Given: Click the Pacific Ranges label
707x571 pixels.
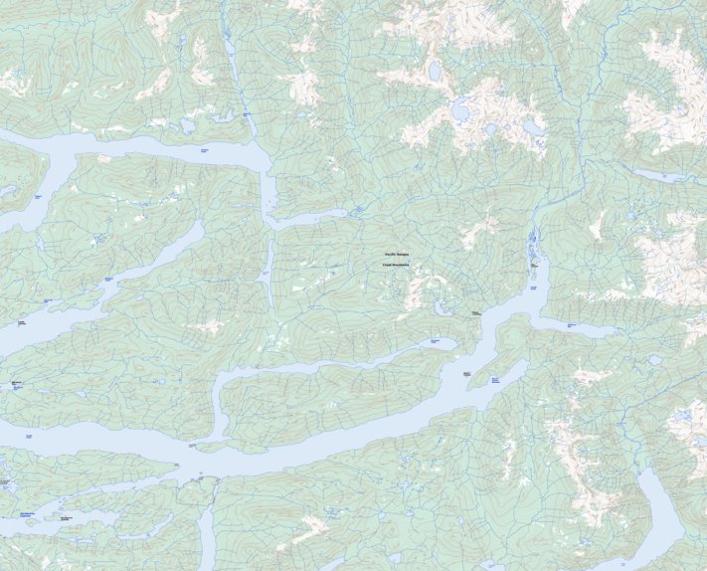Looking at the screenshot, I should (x=397, y=255).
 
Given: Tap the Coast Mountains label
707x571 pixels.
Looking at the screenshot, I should (x=397, y=266).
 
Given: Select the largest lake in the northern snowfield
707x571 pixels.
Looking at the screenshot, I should (x=462, y=109).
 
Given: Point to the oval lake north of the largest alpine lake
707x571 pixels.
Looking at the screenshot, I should (x=435, y=72).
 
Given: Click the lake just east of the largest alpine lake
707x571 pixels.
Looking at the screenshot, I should (x=536, y=126).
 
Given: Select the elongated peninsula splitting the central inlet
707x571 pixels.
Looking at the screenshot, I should (x=328, y=398).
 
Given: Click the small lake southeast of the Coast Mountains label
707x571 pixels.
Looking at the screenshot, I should (x=441, y=307).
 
